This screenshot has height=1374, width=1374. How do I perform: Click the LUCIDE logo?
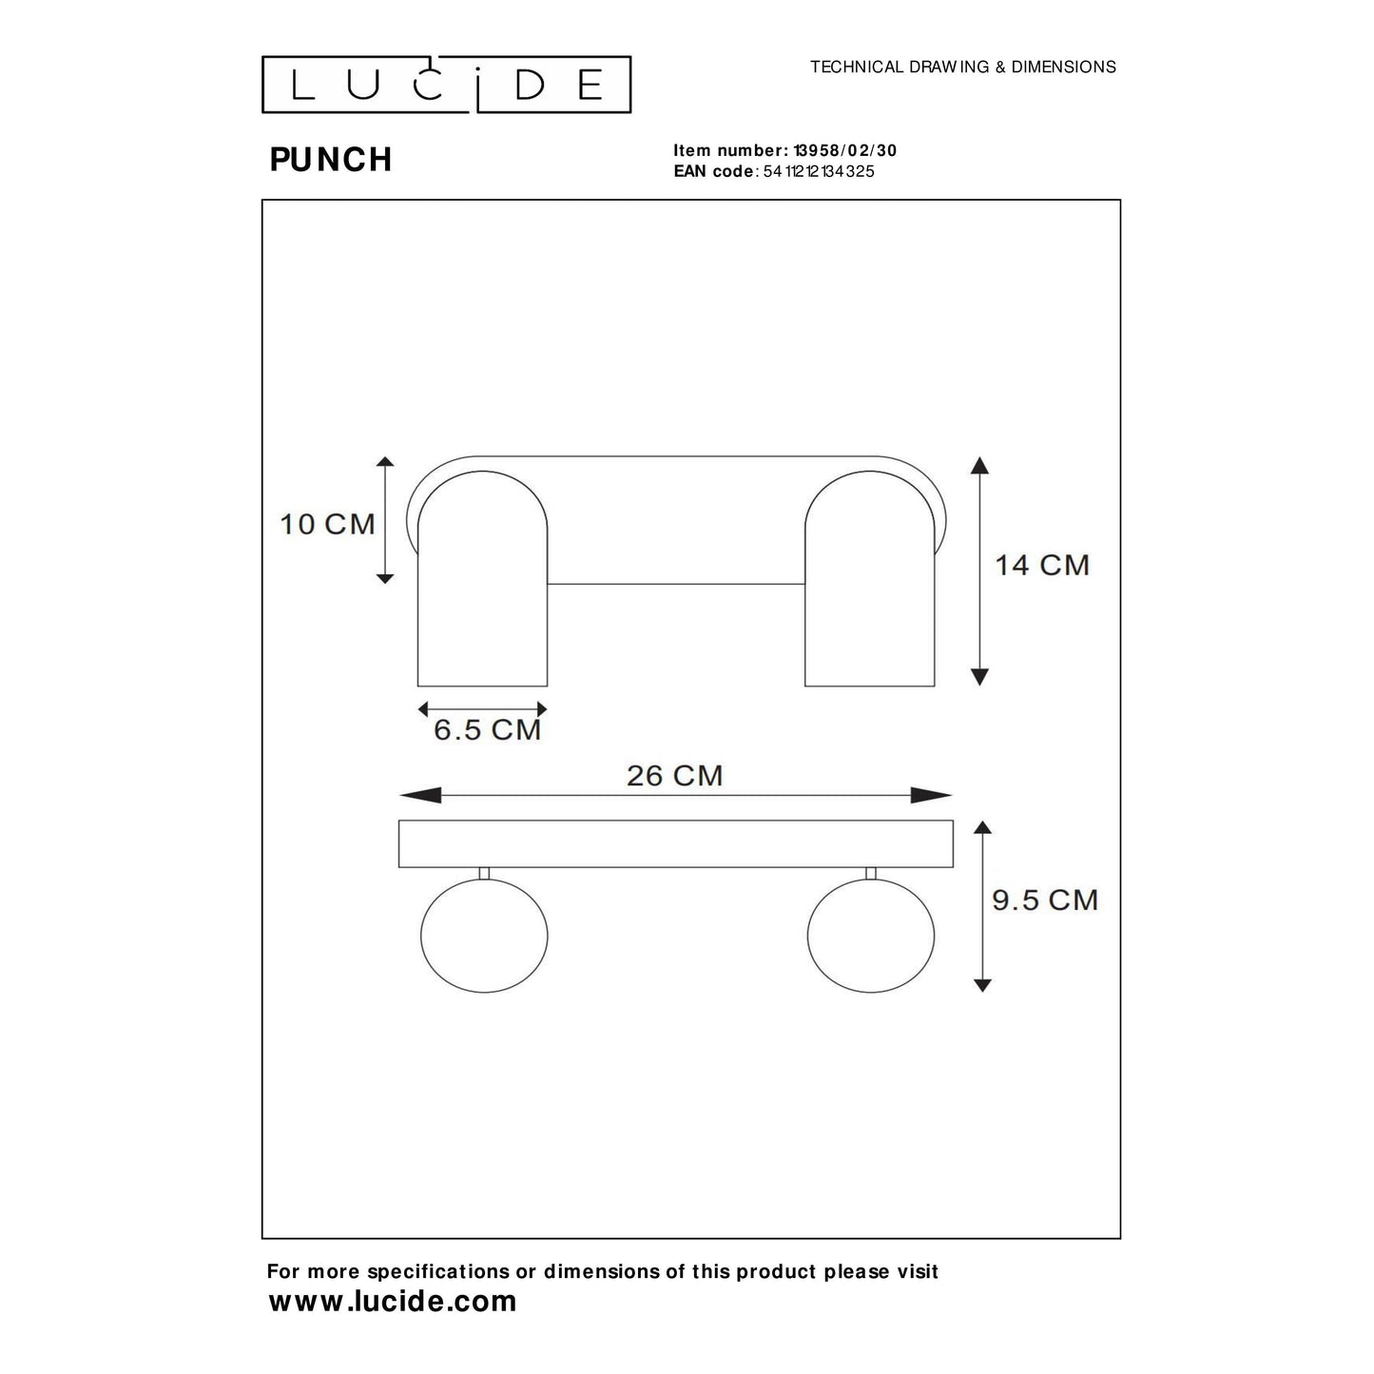(x=446, y=85)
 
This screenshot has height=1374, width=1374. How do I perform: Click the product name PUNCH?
(x=331, y=160)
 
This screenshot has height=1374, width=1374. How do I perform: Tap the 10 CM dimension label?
(x=327, y=524)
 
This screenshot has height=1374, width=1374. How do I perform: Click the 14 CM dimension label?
(x=1041, y=565)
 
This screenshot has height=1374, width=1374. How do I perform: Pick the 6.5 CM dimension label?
(x=487, y=730)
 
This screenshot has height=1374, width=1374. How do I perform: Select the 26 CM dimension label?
(x=674, y=776)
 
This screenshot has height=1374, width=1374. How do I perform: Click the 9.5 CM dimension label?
(x=1044, y=900)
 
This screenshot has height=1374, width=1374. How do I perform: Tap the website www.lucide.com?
(x=393, y=1301)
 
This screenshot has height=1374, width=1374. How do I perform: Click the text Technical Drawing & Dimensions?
(x=962, y=68)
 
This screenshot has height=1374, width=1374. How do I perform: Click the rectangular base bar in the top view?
(x=675, y=843)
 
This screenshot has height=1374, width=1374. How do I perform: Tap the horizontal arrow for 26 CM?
(x=675, y=796)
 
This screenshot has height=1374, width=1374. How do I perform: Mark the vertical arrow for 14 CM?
(x=979, y=571)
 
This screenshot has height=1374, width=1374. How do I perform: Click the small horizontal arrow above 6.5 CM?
(x=483, y=708)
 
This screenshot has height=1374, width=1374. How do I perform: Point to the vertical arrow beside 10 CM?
(x=384, y=520)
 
